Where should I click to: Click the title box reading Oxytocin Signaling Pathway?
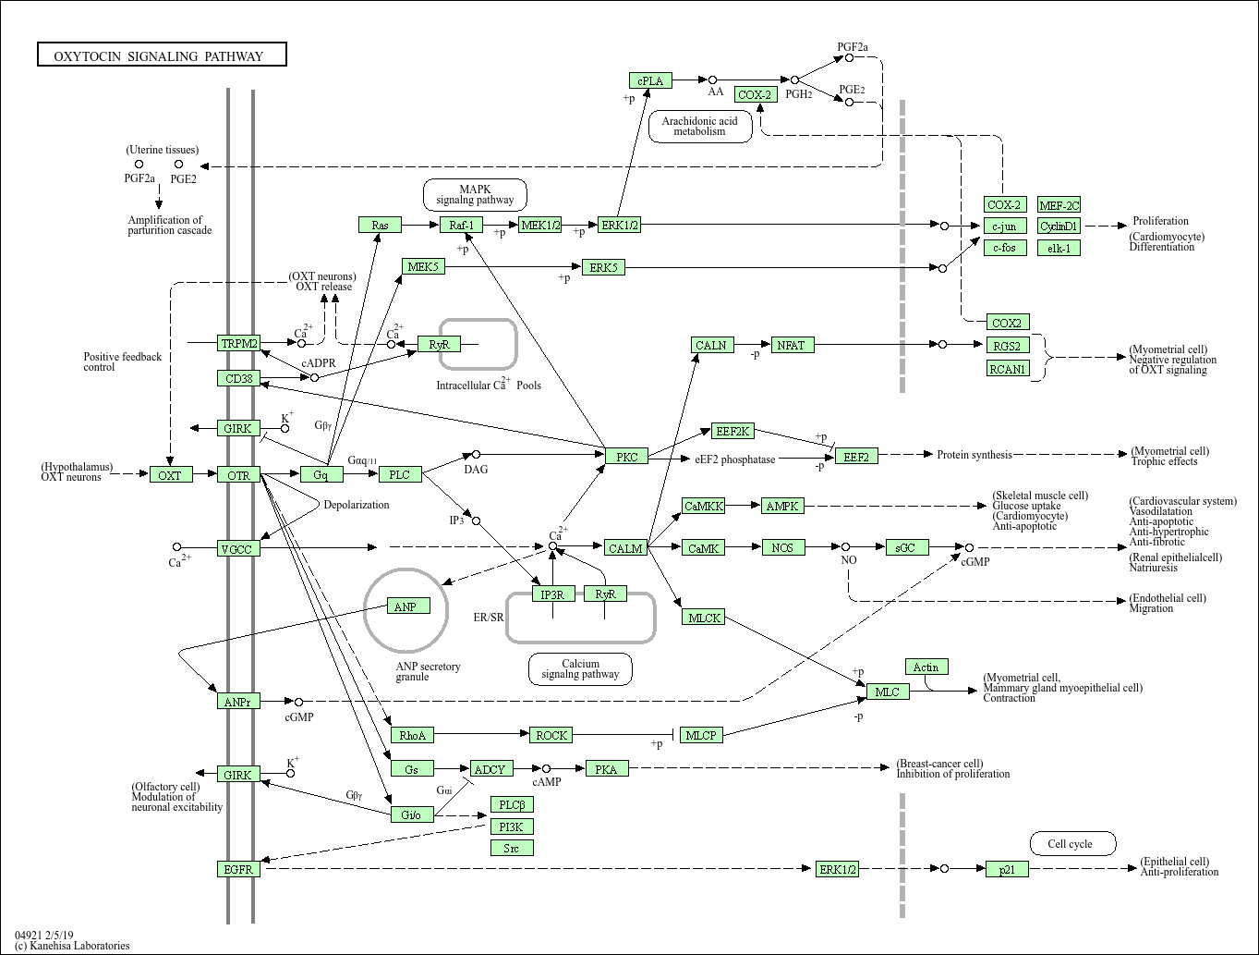[162, 55]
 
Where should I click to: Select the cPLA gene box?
[650, 80]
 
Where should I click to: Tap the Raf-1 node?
[461, 225]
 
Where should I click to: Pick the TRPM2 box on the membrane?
[239, 343]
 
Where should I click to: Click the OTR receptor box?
[238, 475]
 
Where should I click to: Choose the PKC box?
[627, 456]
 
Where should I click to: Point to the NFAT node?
[791, 345]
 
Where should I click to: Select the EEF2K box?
[733, 431]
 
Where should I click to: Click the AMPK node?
[782, 506]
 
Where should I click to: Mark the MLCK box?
[705, 617]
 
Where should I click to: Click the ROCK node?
[551, 735]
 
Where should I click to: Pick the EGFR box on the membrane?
[238, 869]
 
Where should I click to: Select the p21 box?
[1007, 869]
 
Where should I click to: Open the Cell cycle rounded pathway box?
[1072, 843]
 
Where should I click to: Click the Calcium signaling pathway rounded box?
[580, 668]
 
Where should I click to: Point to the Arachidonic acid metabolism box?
[699, 126]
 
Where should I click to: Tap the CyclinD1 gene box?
[1059, 226]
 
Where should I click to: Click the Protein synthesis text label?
[974, 454]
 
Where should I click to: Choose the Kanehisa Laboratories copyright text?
[72, 946]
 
